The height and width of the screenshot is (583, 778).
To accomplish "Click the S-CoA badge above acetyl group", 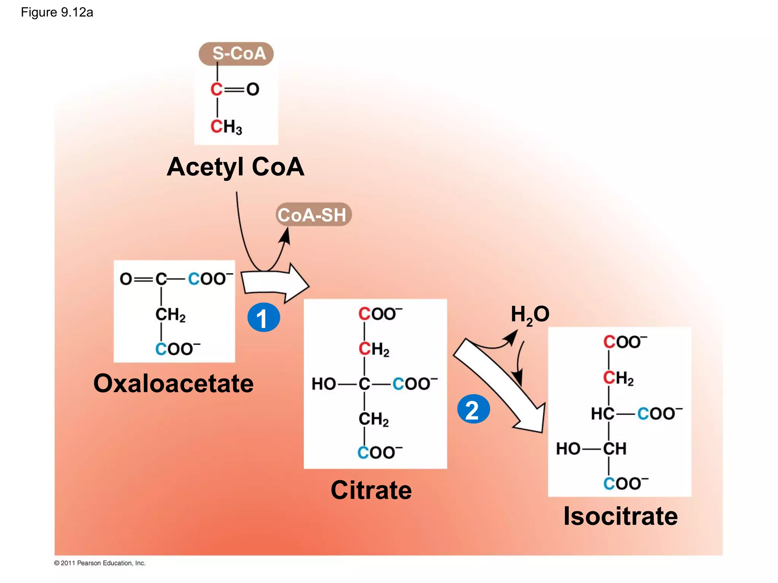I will click(236, 54).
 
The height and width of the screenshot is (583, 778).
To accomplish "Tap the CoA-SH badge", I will click(313, 215).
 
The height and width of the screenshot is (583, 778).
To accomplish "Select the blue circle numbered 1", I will click(264, 317).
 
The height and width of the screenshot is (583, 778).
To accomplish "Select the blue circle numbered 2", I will click(473, 409).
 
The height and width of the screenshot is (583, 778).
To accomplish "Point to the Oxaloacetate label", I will click(173, 383).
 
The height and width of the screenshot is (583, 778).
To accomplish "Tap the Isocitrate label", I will click(620, 516).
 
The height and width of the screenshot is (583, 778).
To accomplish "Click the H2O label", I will click(530, 315).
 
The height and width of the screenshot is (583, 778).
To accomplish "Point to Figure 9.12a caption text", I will click(57, 13).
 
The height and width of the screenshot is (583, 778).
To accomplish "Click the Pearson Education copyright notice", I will click(100, 563).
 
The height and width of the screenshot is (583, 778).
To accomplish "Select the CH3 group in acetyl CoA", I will click(226, 127).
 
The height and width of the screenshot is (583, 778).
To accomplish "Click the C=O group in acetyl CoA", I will click(234, 90).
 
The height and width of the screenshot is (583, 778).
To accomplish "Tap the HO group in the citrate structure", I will click(323, 384).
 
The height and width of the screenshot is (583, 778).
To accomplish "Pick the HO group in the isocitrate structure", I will click(568, 449).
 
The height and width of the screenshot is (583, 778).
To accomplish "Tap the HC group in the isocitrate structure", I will click(602, 413).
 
